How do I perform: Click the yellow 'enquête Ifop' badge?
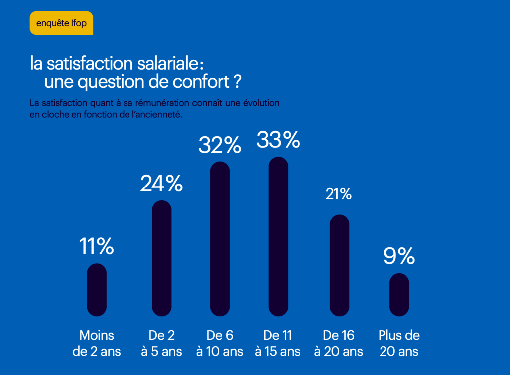click(61, 23)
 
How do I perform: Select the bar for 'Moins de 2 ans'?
click(97, 289)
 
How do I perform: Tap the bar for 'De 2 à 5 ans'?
click(161, 258)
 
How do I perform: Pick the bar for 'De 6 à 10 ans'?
click(220, 239)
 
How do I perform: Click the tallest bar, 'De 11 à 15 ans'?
click(278, 236)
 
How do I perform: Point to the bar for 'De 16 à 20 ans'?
click(339, 265)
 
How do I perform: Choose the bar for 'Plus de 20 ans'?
click(399, 294)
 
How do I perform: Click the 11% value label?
click(97, 246)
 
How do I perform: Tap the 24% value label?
click(161, 184)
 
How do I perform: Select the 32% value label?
click(220, 145)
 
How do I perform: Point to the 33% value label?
click(278, 140)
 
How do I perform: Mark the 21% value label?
click(339, 194)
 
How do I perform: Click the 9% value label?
click(399, 256)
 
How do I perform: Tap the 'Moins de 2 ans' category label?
click(97, 343)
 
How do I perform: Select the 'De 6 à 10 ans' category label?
click(220, 343)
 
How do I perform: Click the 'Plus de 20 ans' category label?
click(399, 343)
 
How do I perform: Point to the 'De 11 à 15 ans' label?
click(278, 343)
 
